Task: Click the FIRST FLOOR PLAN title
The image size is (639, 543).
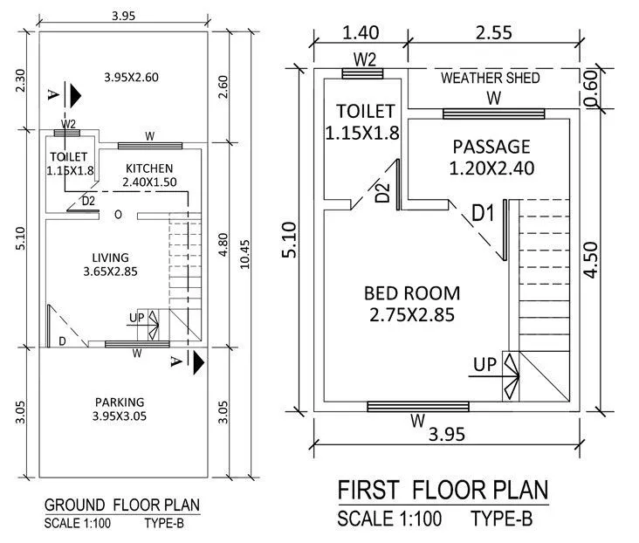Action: (x=443, y=488)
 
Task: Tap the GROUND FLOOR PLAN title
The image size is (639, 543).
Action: (x=121, y=505)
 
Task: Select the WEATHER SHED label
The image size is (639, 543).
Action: (x=490, y=78)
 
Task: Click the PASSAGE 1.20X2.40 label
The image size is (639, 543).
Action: (x=491, y=156)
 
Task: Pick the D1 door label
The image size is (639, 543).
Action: (x=484, y=211)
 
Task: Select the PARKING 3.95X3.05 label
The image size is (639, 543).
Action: (x=119, y=409)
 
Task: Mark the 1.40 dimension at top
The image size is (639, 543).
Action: (x=361, y=33)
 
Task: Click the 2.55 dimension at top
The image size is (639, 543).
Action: (x=492, y=33)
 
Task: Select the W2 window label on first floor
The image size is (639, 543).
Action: (x=365, y=59)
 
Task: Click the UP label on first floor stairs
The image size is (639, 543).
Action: (x=485, y=362)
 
